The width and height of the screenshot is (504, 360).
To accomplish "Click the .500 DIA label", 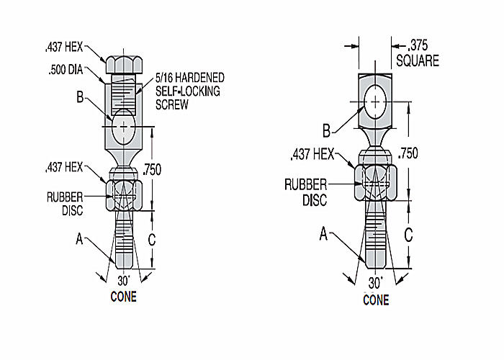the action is [x=66, y=70].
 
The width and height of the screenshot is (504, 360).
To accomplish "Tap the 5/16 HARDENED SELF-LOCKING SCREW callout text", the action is [x=190, y=91].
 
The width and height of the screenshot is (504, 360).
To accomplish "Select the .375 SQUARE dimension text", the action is [x=418, y=53].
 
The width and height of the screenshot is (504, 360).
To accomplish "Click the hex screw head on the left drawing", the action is [x=124, y=65].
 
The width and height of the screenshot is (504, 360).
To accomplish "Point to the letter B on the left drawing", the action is [x=80, y=96].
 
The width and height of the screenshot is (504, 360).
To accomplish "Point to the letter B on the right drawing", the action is [x=327, y=131].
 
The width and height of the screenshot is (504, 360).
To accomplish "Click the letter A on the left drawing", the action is [x=79, y=239].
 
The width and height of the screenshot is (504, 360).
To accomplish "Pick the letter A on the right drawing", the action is [x=323, y=234].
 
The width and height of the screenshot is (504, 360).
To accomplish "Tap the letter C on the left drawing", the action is [x=152, y=240].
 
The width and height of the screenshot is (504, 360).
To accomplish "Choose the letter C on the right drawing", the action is [x=408, y=235].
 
